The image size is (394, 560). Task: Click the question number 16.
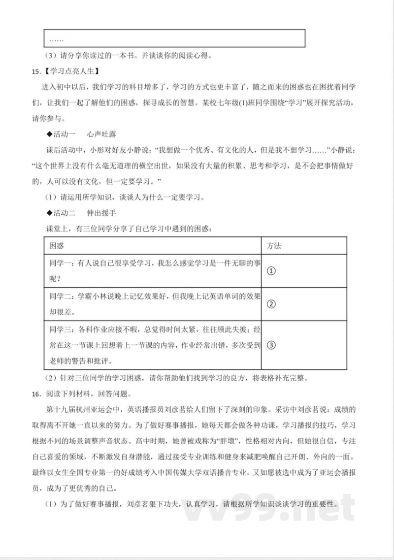pyautogui.click(x=34, y=394)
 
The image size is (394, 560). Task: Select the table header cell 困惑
pyautogui.click(x=57, y=245)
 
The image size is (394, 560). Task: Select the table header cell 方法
pyautogui.click(x=274, y=245)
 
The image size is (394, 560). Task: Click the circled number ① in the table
pyautogui.click(x=271, y=271)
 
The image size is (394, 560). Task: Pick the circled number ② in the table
pyautogui.click(x=271, y=303)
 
